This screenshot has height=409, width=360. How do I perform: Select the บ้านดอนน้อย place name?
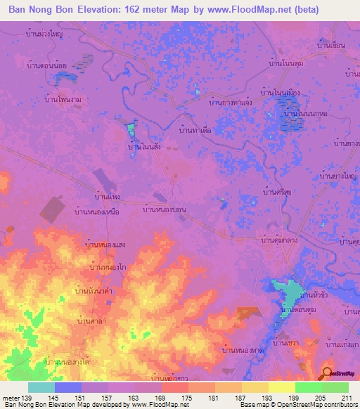47,67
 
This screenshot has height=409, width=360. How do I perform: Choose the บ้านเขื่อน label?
330,45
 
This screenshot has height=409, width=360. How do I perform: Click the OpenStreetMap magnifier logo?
328,373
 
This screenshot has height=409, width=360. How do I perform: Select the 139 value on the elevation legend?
25,398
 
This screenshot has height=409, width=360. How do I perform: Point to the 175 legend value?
186,398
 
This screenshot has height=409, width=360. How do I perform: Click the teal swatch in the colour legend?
41,387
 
